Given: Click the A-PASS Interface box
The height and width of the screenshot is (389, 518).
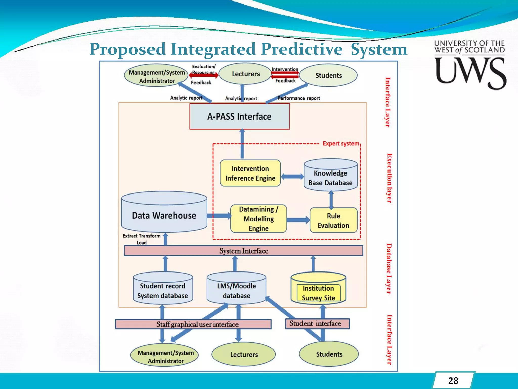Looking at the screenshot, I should coord(240,116).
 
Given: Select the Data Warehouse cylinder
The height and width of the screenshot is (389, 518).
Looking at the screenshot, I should coord(164,215).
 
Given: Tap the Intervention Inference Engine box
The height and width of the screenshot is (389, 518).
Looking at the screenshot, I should coord(250,173).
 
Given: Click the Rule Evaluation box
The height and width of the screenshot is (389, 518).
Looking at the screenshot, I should coord(333,220).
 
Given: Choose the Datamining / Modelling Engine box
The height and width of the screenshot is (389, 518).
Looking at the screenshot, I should coord(258,219).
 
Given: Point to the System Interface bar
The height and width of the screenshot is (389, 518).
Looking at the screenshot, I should coord(243,251).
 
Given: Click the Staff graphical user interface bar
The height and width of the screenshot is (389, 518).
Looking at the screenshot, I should coord(193,324).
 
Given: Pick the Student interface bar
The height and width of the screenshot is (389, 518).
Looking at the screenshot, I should coord(317,324).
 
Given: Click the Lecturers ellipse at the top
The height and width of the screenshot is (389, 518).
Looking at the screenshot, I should coord(246,74).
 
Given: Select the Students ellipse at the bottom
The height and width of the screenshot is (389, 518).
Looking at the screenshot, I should coord(329,354).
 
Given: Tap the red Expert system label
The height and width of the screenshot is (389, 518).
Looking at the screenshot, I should coord(341,144).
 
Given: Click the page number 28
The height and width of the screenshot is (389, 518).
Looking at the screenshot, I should coord(453,381).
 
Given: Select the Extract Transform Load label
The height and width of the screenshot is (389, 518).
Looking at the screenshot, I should coord(141,239).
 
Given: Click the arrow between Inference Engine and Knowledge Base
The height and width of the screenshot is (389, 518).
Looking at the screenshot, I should coord(292,177).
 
